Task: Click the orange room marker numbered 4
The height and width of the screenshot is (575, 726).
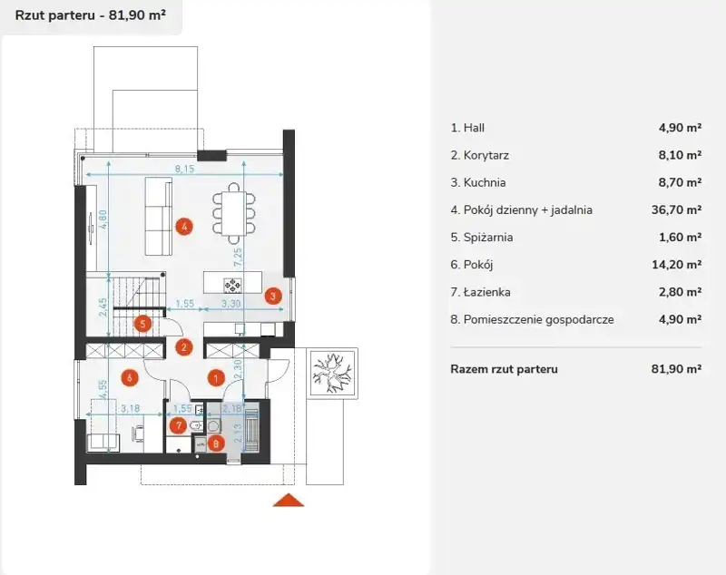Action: click(184, 227)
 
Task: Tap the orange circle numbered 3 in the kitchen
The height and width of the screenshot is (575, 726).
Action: click(273, 296)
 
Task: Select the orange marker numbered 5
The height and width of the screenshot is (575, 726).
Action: click(142, 324)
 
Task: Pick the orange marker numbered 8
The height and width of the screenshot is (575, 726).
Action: click(216, 443)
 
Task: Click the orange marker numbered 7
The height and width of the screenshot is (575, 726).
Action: click(178, 425)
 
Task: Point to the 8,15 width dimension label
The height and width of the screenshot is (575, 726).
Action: click(184, 169)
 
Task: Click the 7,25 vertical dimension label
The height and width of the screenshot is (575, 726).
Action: click(238, 258)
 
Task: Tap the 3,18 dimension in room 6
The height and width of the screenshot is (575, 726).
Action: click(130, 408)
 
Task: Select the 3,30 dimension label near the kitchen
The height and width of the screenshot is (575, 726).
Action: click(231, 304)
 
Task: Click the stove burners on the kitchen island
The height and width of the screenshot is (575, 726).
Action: click(232, 285)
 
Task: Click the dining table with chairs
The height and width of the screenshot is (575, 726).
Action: click(234, 214)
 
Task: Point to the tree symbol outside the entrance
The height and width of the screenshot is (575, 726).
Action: click(333, 373)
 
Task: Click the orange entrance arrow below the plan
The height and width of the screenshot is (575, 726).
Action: click(289, 500)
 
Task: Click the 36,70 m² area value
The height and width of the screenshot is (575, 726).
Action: click(676, 210)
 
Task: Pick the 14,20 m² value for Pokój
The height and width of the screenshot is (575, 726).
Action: click(676, 265)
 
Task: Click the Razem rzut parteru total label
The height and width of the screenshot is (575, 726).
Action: click(505, 369)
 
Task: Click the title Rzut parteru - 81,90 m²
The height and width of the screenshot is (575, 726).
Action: click(91, 15)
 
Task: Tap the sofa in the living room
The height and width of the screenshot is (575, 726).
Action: click(158, 216)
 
